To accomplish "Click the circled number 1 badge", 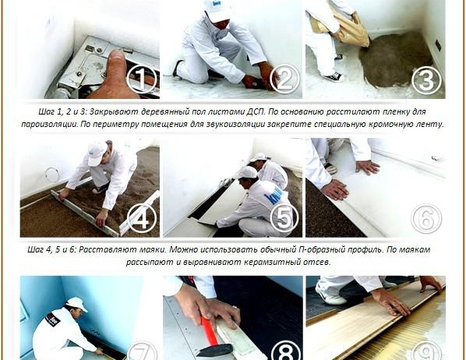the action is [141, 79].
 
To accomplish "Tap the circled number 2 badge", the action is [284, 79].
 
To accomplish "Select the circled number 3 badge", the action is [426, 80].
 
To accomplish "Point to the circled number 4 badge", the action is [142, 218].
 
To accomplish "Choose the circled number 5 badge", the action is [284, 218].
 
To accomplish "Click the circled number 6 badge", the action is [426, 219].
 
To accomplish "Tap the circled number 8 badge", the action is [284, 351].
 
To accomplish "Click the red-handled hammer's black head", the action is [214, 350].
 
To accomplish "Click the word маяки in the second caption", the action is [154, 249].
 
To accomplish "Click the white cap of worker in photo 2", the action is [217, 10].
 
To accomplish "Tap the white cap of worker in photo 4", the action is [97, 154].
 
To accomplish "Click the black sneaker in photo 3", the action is [334, 77].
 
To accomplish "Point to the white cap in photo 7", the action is [76, 303].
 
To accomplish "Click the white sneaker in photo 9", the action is [330, 295].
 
